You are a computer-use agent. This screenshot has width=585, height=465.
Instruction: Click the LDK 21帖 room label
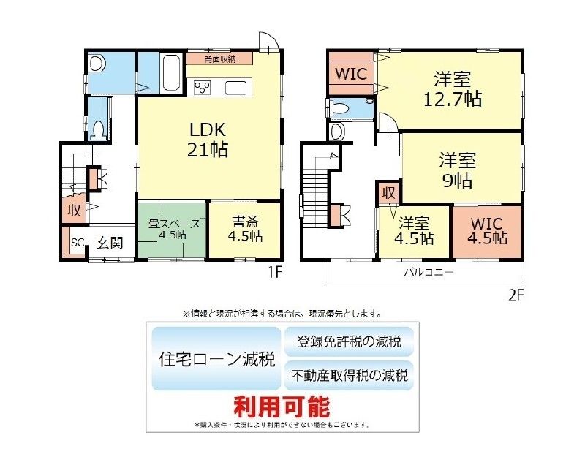[208, 140]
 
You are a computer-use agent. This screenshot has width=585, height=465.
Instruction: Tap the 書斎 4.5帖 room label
[245, 229]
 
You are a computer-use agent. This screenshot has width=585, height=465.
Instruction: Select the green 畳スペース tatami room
[172, 230]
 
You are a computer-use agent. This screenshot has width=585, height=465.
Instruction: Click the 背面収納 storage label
[220, 59]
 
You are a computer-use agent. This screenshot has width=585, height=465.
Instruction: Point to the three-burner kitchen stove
[203, 88]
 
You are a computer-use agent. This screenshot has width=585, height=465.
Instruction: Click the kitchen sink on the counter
[235, 88]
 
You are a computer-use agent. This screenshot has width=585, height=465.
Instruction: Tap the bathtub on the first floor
[172, 73]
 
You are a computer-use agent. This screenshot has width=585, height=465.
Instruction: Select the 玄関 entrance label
[110, 243]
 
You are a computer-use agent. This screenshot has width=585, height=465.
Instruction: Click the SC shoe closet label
[78, 243]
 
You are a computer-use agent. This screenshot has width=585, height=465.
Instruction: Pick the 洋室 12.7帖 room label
[453, 88]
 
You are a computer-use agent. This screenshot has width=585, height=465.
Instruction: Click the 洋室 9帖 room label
[458, 170]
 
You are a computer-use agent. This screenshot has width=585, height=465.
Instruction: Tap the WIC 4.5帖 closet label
[487, 230]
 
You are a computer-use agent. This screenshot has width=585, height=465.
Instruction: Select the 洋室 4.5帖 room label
[414, 231]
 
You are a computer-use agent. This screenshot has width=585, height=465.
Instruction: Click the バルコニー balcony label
[429, 272]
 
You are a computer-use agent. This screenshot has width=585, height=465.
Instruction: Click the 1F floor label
[274, 273]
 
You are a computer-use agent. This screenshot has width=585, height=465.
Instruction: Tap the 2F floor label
[516, 295]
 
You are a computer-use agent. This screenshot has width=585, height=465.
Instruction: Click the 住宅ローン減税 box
[216, 359]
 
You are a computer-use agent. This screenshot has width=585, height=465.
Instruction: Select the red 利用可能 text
[282, 407]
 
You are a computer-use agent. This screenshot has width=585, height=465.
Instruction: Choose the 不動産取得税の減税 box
[349, 375]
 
